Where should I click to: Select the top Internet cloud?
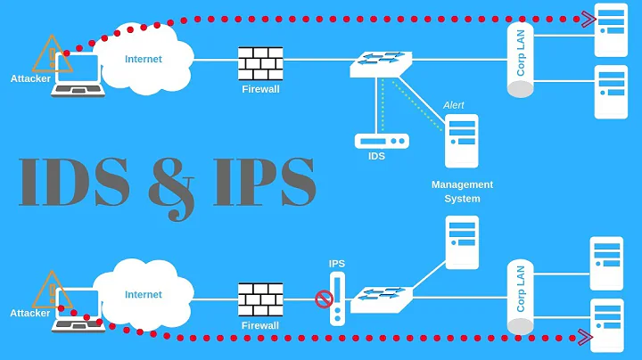pos(145,59)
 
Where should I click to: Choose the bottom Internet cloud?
pos(144,294)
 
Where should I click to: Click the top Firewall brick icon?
pos(259,63)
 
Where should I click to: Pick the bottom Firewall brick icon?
pos(259,300)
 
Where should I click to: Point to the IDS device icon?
pos(382,141)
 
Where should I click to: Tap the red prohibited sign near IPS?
pos(324,299)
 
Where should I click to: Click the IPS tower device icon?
pos(337,299)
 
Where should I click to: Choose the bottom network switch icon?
pos(382,299)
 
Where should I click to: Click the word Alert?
pos(454,105)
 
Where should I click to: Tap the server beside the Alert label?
pos(461,140)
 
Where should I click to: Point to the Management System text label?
pos(462,192)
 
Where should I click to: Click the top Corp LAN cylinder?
pos(521,61)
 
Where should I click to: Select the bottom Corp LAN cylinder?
pos(521,298)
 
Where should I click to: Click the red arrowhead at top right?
pos(588,17)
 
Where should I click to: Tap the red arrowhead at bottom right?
pos(585,337)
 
